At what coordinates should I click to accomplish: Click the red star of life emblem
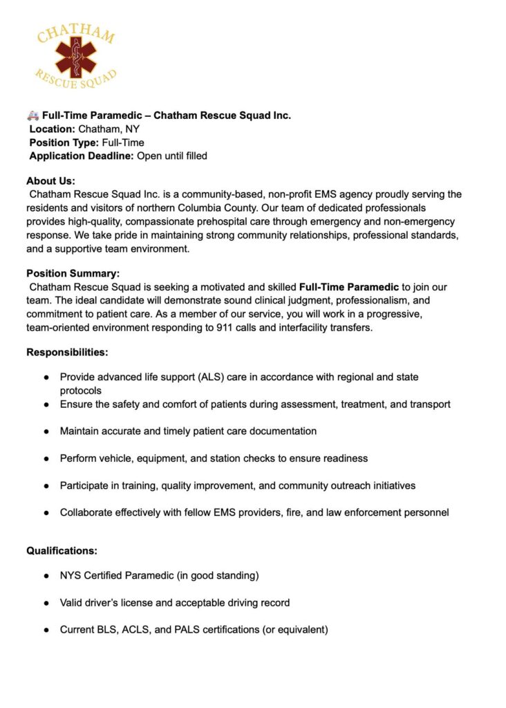[x=77, y=57]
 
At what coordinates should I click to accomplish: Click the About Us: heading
[x=50, y=181]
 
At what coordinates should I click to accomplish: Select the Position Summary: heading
[x=73, y=273]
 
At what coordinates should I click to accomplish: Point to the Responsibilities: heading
[x=67, y=353]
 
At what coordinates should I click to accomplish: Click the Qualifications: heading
[x=62, y=551]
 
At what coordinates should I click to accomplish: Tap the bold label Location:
[x=52, y=129]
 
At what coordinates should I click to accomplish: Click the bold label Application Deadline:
[x=82, y=156]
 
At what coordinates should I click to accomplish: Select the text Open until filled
[x=172, y=156]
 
